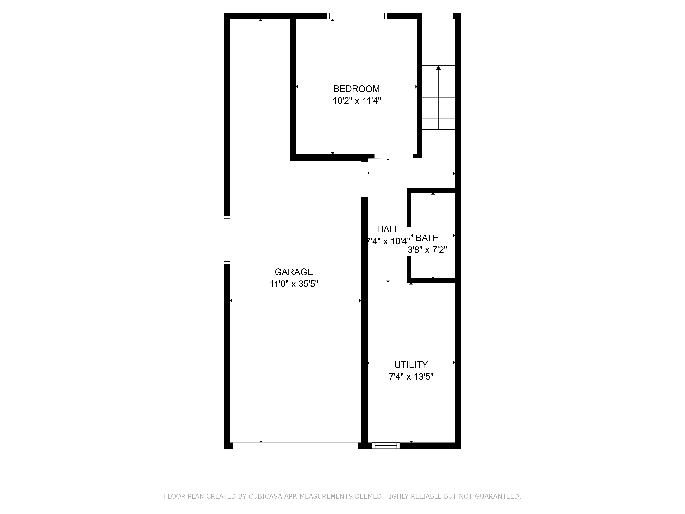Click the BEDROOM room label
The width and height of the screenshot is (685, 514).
(356, 89)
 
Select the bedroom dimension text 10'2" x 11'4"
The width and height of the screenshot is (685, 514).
(356, 101)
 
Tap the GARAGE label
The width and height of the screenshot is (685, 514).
(294, 272)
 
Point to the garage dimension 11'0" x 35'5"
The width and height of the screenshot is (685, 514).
(294, 284)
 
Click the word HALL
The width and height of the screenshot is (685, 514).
(388, 230)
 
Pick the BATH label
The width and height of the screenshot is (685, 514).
(427, 238)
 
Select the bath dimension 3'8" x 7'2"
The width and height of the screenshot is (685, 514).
(427, 250)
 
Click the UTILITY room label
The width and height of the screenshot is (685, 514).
(411, 365)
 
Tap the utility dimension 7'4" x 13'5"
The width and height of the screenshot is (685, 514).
(411, 377)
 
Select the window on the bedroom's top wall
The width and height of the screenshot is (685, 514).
(357, 16)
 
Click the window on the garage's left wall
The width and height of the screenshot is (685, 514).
(227, 240)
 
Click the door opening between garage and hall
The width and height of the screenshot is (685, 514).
(364, 179)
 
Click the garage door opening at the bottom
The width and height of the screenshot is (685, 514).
(295, 443)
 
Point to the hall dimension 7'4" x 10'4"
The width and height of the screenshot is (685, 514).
(388, 241)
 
